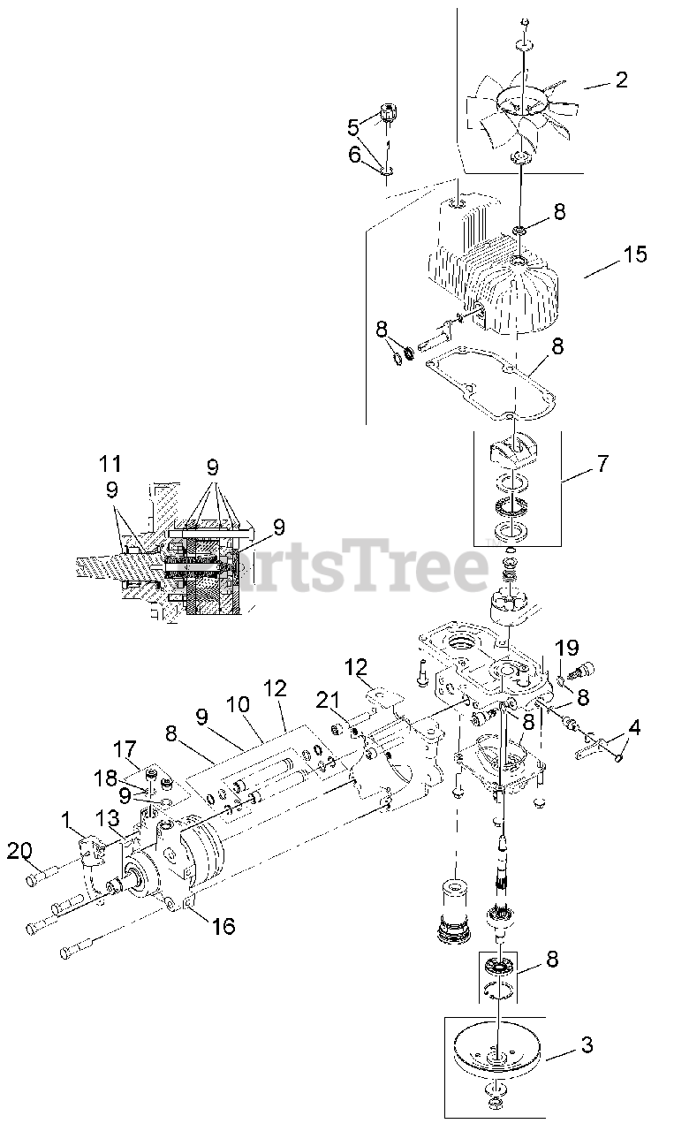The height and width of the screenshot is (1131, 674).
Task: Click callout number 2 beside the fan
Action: pos(621,80)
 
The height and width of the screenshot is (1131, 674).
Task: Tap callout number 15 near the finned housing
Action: pos(634,255)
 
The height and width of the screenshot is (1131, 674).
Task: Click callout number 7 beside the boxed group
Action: pos(602,463)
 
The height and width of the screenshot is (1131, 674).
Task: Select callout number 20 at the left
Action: pos(19,851)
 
